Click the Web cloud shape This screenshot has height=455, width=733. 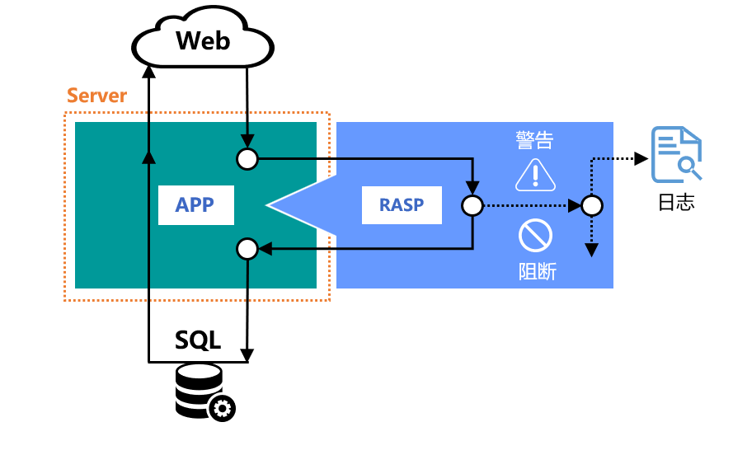click(203, 41)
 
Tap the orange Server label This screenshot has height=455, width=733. click(96, 96)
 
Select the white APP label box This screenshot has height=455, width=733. click(195, 205)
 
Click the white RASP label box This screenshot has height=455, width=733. click(402, 205)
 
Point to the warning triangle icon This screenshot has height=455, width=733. click(535, 174)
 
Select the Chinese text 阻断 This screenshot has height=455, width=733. click(536, 270)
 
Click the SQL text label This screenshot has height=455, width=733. click(198, 340)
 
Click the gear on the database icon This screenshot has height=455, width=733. click(222, 407)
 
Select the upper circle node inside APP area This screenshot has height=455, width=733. click(247, 158)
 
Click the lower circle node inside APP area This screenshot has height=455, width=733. click(247, 247)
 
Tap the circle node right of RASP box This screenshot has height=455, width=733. click(472, 205)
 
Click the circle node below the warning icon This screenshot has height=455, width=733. click(590, 205)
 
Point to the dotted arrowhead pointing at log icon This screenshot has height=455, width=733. click(641, 158)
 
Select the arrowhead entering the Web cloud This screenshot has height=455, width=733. click(148, 70)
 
